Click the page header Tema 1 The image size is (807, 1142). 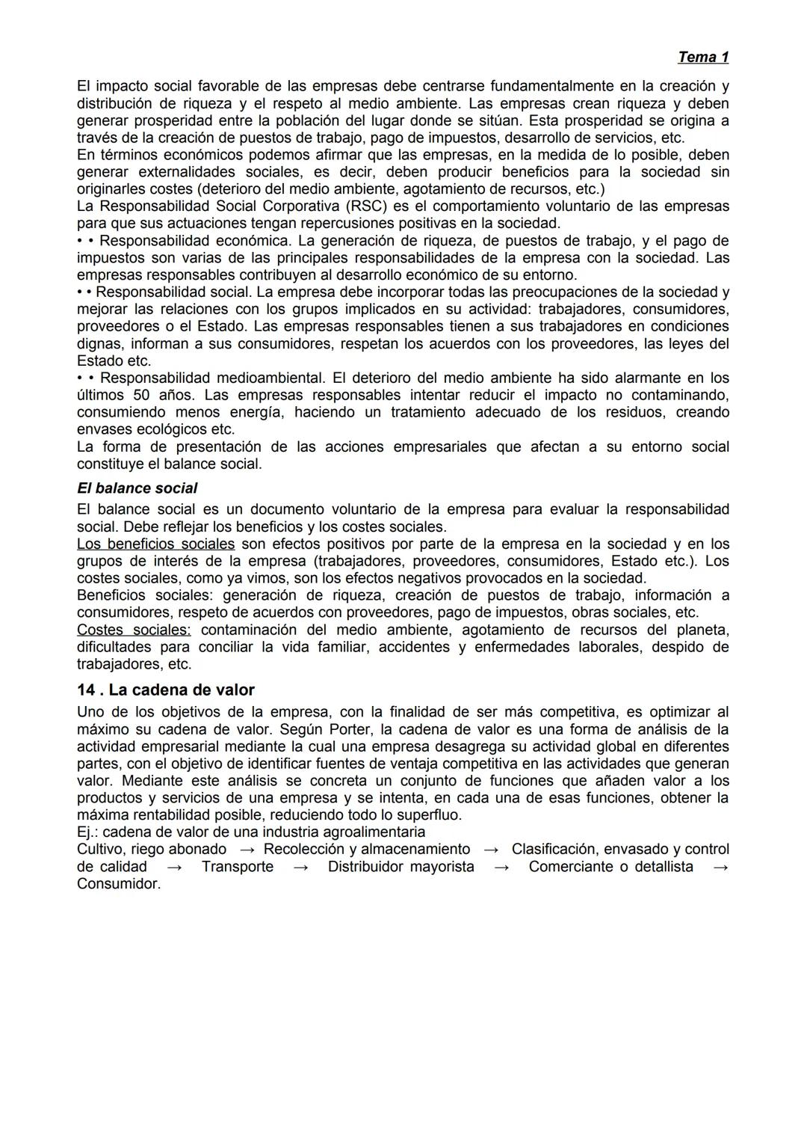tap(702, 57)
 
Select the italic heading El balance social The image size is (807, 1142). tap(137, 488)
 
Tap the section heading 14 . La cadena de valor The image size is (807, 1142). tap(165, 690)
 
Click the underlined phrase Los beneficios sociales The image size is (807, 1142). tap(155, 544)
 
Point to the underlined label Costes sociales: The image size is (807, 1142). tap(134, 630)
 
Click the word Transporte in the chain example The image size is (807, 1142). tap(238, 867)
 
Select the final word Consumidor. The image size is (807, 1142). tap(119, 884)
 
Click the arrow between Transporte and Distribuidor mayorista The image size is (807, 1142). tap(301, 867)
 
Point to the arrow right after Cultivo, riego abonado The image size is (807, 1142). tap(245, 850)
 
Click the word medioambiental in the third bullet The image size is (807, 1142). tap(270, 378)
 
